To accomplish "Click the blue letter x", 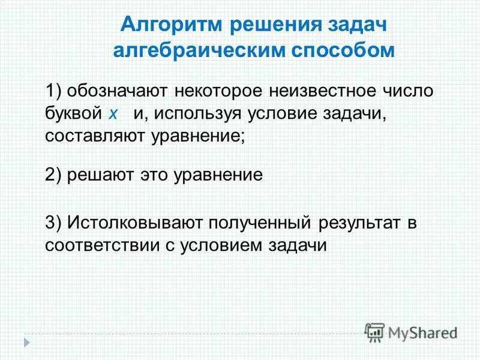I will [113, 114].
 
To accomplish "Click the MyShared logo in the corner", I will [411, 331].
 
